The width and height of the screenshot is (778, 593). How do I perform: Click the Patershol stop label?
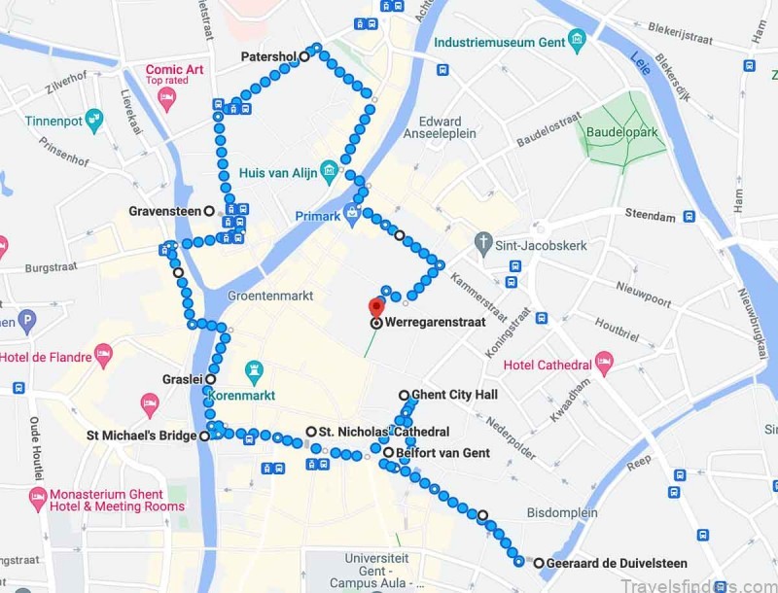[268, 57]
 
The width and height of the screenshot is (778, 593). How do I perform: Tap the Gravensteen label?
[165, 211]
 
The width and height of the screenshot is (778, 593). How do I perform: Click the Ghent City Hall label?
[454, 395]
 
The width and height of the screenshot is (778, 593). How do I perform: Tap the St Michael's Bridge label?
[142, 436]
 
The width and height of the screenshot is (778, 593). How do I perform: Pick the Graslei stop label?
[183, 380]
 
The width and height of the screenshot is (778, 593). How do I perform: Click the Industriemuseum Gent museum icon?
[578, 42]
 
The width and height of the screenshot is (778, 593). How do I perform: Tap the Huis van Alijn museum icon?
[330, 173]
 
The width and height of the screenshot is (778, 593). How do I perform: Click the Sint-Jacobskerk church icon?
[483, 240]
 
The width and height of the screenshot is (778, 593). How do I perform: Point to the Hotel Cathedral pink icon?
[604, 364]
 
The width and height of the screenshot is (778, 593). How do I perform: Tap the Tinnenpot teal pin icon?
[94, 121]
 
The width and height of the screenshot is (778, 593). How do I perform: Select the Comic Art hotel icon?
[166, 99]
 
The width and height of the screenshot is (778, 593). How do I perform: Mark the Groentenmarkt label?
[270, 296]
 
